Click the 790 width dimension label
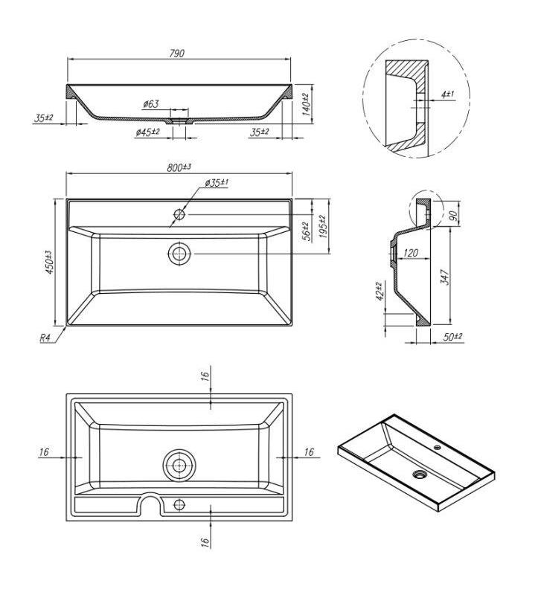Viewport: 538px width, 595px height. click(176, 53)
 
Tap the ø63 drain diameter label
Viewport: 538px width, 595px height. click(151, 103)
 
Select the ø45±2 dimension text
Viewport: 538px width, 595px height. click(147, 132)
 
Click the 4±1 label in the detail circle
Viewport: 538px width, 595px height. click(448, 94)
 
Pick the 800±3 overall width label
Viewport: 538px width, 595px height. click(179, 167)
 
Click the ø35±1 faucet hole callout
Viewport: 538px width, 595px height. click(217, 183)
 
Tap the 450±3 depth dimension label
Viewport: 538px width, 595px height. click(50, 262)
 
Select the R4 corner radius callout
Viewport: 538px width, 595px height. click(45, 338)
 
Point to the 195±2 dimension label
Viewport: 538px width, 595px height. click(322, 227)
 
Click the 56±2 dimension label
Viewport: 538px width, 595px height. click(307, 231)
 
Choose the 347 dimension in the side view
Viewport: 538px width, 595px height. click(445, 277)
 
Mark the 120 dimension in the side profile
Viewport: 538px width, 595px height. click(411, 253)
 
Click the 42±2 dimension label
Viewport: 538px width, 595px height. click(380, 292)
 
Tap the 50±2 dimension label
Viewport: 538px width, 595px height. click(452, 337)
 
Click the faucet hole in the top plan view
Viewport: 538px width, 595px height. click(179, 215)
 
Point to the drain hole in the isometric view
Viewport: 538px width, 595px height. click(419, 474)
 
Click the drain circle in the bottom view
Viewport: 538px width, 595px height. click(179, 466)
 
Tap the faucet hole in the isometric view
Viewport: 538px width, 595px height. click(438, 448)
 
